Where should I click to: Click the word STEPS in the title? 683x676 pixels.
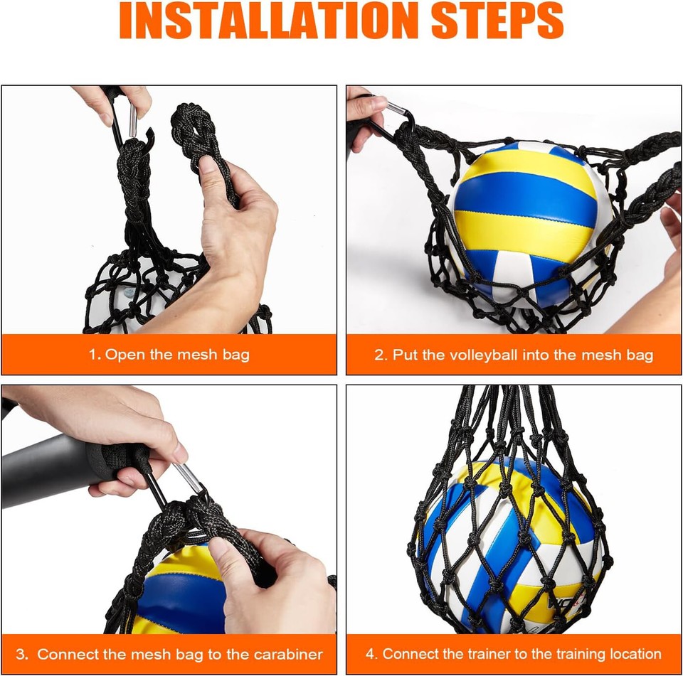click(x=492, y=21)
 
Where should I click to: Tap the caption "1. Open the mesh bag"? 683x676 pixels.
click(x=169, y=354)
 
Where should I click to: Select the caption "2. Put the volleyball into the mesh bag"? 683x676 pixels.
click(x=514, y=355)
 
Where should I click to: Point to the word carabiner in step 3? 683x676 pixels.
click(x=285, y=654)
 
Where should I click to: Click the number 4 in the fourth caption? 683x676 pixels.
click(x=371, y=654)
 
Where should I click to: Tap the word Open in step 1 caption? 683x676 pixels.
click(x=126, y=354)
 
